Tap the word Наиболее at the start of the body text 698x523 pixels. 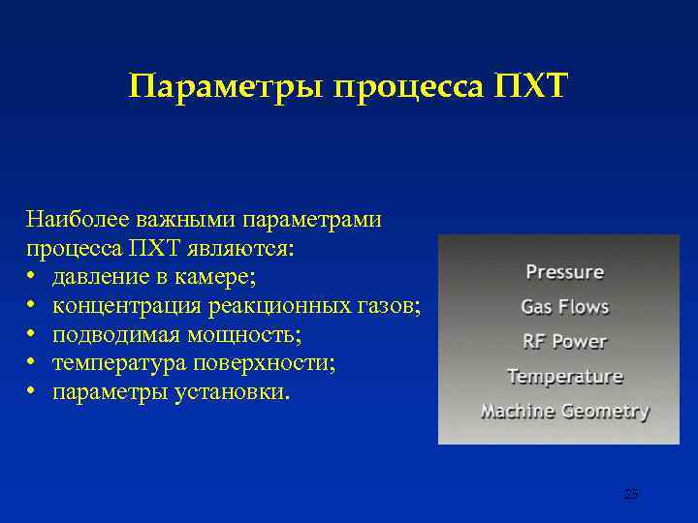click(73, 220)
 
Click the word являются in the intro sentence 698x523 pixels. click(246, 249)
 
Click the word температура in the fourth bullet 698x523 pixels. click(115, 365)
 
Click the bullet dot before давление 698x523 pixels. click(32, 279)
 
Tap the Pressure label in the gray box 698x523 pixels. click(564, 272)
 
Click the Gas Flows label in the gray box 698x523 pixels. click(564, 307)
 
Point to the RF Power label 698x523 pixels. click(564, 341)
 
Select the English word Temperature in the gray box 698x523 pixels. click(564, 376)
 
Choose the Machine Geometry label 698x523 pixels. click(564, 411)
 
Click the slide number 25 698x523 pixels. click(631, 495)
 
